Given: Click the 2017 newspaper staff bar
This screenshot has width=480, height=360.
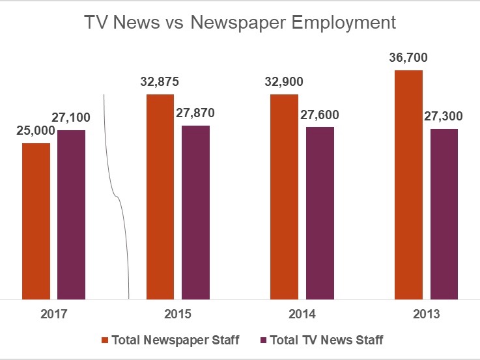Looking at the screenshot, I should pyautogui.click(x=36, y=221).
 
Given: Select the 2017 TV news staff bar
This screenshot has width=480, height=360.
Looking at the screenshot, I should pyautogui.click(x=71, y=214).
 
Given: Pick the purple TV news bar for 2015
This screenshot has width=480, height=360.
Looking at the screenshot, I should pyautogui.click(x=195, y=212).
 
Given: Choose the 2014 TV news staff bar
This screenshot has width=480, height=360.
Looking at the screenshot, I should pyautogui.click(x=320, y=212).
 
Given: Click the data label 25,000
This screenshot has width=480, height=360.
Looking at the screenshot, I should pyautogui.click(x=36, y=131).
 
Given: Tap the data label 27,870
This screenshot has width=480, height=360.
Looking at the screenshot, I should pyautogui.click(x=195, y=113).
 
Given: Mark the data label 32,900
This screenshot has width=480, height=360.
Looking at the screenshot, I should pyautogui.click(x=284, y=82).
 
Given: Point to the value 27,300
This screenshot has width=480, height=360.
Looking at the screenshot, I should pyautogui.click(x=444, y=116).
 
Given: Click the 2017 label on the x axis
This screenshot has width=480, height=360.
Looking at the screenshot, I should pyautogui.click(x=53, y=314).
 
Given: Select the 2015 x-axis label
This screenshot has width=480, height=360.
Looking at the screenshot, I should pyautogui.click(x=178, y=314).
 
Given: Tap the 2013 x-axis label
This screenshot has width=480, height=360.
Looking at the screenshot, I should pyautogui.click(x=427, y=314).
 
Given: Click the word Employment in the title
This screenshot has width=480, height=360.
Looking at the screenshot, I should pyautogui.click(x=343, y=23).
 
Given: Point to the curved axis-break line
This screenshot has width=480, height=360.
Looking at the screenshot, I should pyautogui.click(x=116, y=195).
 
